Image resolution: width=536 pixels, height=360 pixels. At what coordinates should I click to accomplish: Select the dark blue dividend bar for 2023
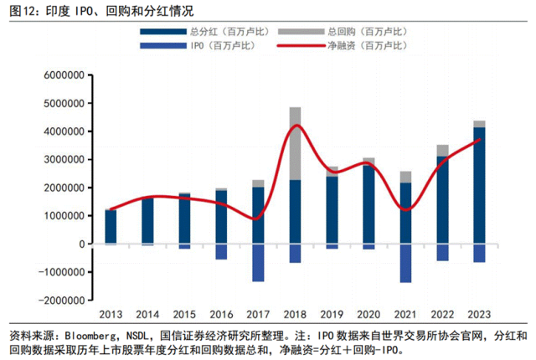[x=479, y=184]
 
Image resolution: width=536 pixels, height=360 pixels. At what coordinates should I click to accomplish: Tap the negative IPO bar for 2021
[x=405, y=263]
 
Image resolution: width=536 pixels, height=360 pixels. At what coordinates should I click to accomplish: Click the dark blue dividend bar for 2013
[x=111, y=226]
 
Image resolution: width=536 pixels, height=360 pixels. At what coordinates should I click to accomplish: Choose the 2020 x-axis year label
[x=368, y=314]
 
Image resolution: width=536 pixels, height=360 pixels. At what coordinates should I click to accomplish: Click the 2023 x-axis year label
[x=479, y=314]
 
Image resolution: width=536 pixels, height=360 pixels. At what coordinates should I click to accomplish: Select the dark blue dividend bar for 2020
[x=368, y=203]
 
